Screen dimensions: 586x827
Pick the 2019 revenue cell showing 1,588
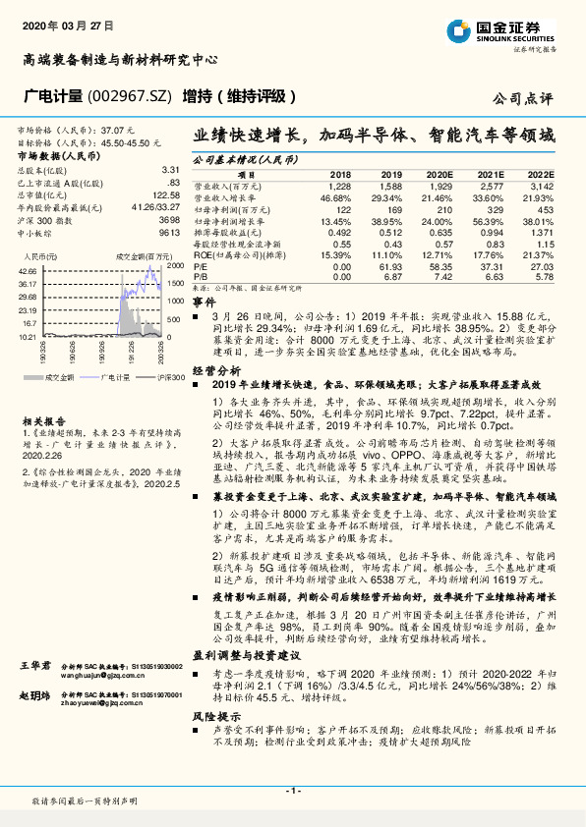(389, 185)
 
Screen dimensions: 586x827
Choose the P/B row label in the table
(200, 277)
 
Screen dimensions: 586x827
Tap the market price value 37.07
(116, 130)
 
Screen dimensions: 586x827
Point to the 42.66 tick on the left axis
(28, 269)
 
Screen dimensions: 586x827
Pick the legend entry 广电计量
(116, 376)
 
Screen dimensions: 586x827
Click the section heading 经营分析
(216, 370)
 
